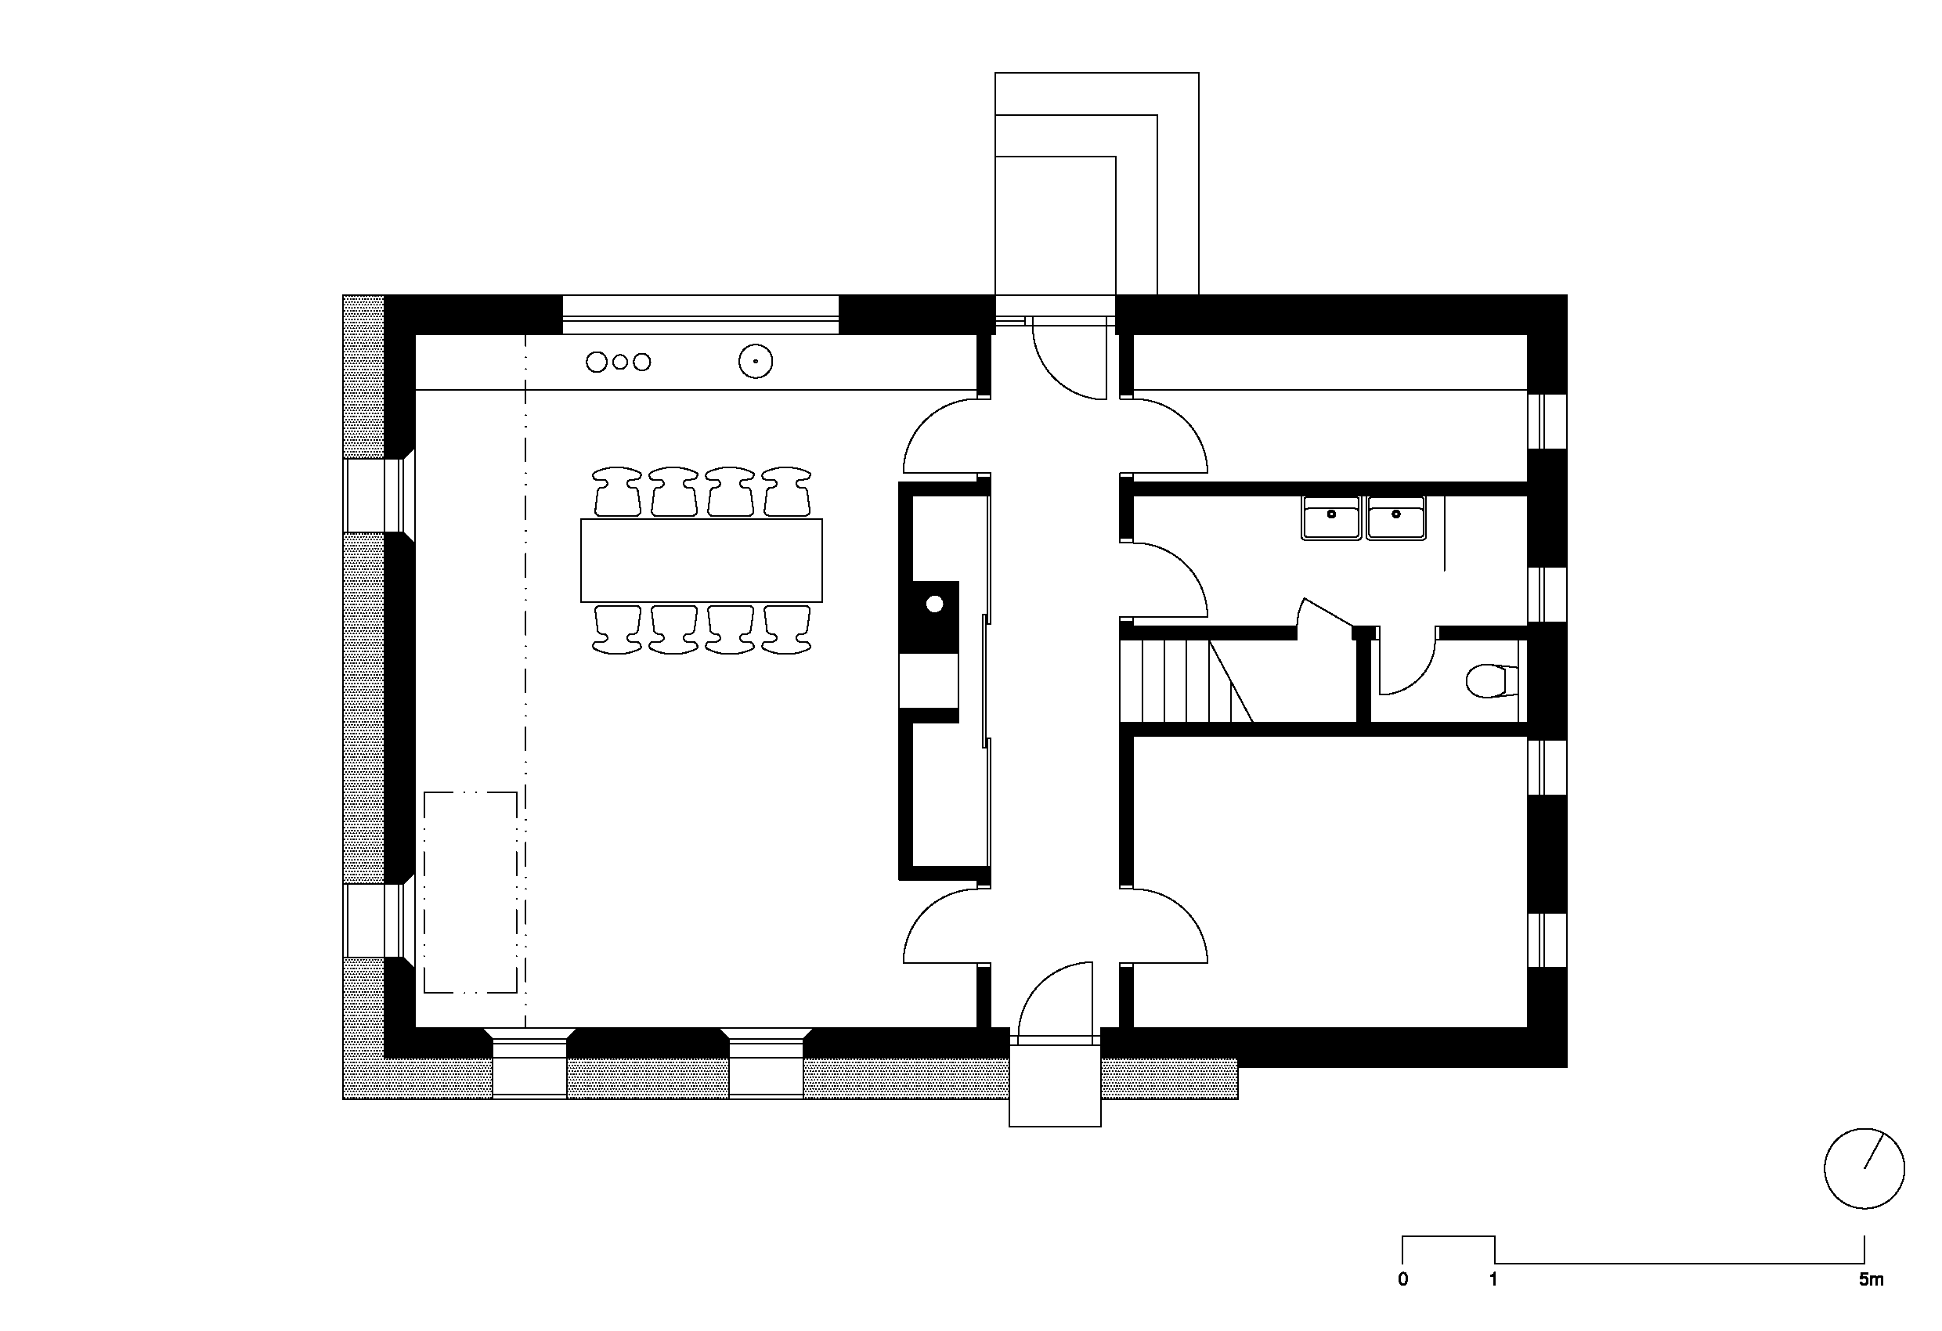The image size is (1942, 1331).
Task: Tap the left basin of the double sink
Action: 1331,518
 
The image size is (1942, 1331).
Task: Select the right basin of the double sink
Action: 1395,518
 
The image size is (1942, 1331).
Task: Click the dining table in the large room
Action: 701,560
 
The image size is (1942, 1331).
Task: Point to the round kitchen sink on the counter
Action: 756,362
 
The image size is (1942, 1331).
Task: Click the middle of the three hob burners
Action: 620,362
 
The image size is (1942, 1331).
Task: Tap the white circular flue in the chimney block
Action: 934,603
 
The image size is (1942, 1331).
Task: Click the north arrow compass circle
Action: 1864,1168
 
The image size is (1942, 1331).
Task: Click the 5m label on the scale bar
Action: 1871,1279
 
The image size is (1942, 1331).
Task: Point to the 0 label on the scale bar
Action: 1403,1279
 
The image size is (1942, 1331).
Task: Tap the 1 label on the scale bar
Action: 1493,1279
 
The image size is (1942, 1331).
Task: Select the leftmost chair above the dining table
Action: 617,491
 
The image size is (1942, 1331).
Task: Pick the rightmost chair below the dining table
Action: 786,629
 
